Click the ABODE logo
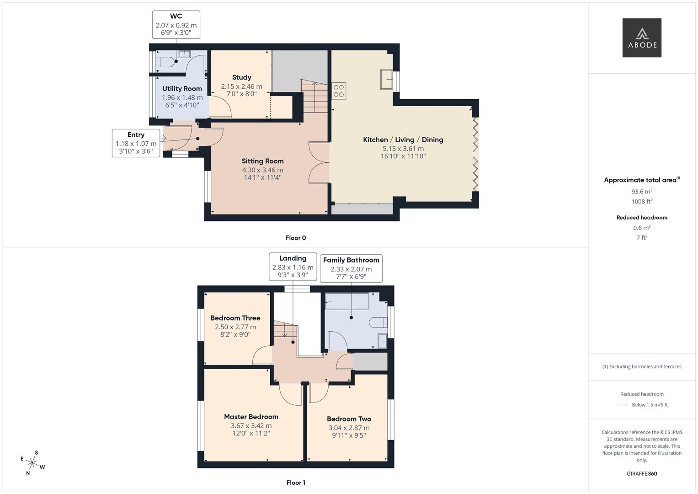[642, 38]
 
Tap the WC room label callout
[176, 25]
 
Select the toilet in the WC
[165, 62]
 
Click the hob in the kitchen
[339, 91]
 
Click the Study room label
[241, 77]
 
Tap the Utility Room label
[182, 89]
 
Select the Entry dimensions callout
[136, 143]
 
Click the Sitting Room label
[262, 161]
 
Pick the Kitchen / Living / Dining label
[403, 140]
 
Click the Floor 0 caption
[296, 238]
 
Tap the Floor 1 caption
[296, 483]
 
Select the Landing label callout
[293, 266]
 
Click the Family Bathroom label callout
[351, 268]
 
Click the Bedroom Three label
[235, 318]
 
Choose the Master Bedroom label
[251, 417]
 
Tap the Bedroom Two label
[349, 419]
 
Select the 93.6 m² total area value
[642, 192]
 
